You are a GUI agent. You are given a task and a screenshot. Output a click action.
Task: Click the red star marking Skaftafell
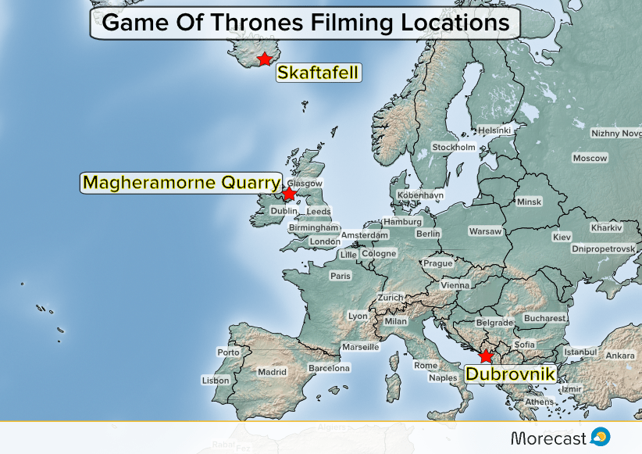(265, 59)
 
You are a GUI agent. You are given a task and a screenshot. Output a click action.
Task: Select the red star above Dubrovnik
(487, 356)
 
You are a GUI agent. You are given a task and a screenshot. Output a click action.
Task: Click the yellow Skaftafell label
(318, 73)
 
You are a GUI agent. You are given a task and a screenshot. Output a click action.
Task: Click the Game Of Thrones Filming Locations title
(305, 23)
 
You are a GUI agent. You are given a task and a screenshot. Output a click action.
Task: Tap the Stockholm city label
(453, 147)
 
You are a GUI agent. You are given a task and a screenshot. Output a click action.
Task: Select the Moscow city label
(590, 158)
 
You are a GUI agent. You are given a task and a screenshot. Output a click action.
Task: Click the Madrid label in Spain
(273, 372)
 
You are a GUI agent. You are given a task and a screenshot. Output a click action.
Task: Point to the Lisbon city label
(216, 381)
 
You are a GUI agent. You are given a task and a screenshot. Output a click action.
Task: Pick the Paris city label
(341, 276)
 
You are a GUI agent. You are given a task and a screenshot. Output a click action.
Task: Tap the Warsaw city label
(485, 231)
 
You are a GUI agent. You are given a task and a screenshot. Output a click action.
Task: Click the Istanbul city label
(580, 352)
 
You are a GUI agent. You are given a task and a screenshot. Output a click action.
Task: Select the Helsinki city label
(494, 130)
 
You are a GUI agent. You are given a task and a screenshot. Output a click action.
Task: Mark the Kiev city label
(562, 237)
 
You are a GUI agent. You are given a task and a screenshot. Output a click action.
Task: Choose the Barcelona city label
(329, 367)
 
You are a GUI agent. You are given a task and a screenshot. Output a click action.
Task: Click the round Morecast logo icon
(601, 436)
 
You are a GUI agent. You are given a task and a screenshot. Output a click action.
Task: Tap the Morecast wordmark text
(548, 437)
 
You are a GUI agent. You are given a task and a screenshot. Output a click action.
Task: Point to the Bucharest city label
(544, 318)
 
